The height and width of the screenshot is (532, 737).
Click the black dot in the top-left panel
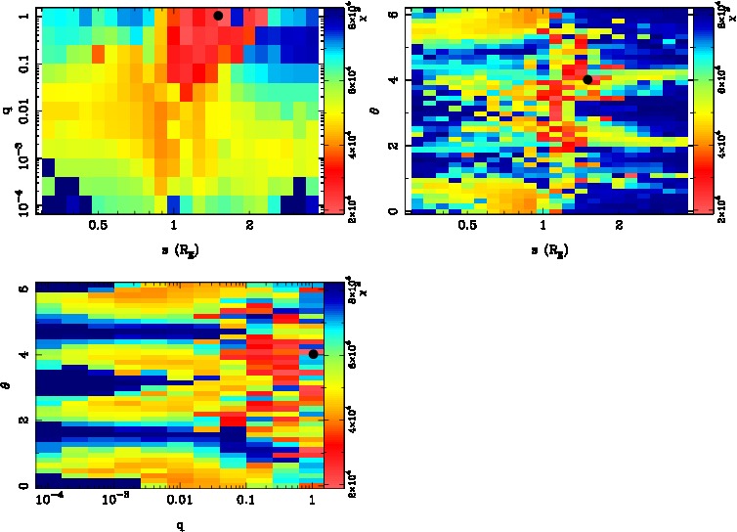click(218, 15)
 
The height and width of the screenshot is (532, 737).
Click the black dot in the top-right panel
click(587, 79)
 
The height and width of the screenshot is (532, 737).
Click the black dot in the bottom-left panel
click(313, 354)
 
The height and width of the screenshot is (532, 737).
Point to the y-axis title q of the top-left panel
click(7, 111)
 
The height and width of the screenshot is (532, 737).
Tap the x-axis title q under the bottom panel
click(181, 524)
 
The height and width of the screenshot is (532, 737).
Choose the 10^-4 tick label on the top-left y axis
click(17, 208)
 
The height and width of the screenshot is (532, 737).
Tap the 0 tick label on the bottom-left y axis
click(22, 486)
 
